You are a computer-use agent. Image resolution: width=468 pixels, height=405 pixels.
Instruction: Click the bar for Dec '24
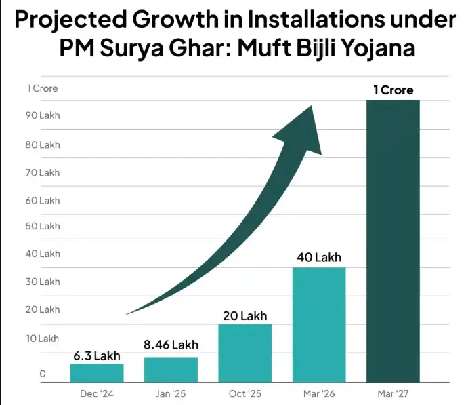97,373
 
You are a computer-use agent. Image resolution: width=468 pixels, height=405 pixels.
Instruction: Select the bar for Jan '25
171,370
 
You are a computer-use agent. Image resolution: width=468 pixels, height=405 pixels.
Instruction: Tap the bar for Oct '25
244,353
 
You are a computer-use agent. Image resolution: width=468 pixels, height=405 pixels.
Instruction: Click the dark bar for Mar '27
393,241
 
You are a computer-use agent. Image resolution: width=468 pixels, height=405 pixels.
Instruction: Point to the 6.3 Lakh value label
97,356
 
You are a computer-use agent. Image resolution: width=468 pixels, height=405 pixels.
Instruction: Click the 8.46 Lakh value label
171,345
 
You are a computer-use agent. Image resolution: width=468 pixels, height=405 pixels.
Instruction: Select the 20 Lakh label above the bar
244,315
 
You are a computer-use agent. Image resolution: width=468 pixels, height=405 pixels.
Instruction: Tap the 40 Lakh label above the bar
319,258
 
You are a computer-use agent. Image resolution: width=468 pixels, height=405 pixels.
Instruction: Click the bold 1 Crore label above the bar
393,90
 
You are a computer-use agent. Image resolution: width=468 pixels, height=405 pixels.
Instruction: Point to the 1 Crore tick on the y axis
42,88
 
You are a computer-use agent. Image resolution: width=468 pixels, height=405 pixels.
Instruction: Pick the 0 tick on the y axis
43,374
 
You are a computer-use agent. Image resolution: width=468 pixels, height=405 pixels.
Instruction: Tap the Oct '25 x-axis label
244,394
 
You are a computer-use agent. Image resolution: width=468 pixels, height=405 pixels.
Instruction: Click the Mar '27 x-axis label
393,394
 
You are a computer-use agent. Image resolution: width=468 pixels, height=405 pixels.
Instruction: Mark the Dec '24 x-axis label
97,394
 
